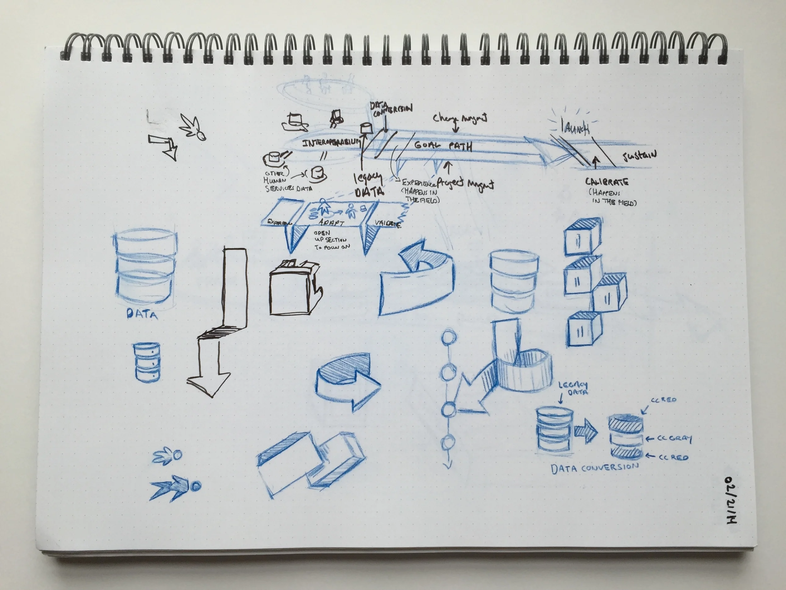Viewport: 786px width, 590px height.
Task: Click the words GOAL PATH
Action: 443,145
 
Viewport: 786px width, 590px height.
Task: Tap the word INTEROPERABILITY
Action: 331,143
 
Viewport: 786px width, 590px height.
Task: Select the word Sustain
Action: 639,156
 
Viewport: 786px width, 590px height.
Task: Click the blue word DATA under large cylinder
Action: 142,314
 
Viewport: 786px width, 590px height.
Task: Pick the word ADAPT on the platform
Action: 331,223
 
